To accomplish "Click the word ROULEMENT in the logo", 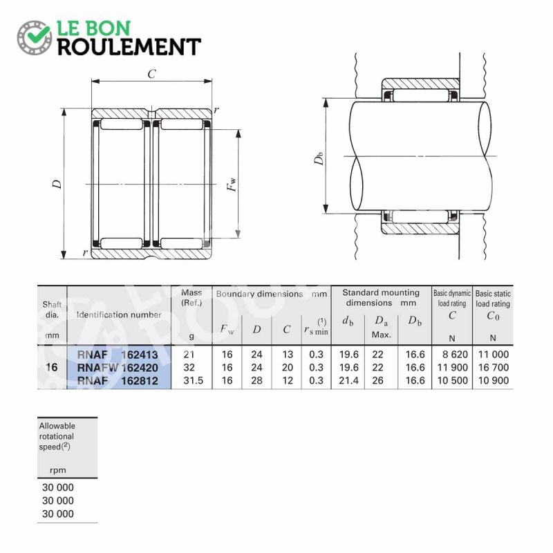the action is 129,47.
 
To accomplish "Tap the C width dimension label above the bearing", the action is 151,74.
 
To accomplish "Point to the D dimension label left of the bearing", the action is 57,184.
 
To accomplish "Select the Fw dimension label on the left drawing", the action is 232,184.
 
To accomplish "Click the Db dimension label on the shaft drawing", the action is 319,158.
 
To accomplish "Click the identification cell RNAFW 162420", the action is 118,368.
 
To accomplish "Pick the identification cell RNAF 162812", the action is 118,381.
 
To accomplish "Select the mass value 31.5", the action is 193,381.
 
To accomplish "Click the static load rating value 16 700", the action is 494,368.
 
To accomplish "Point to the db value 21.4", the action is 348,381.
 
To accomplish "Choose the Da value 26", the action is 377,381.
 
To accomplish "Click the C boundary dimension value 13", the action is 288,354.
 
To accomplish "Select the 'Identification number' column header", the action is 119,315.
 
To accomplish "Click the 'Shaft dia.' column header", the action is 52,309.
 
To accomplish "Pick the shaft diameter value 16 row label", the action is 51,367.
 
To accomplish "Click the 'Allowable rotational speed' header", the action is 57,436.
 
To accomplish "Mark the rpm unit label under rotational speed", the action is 58,470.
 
